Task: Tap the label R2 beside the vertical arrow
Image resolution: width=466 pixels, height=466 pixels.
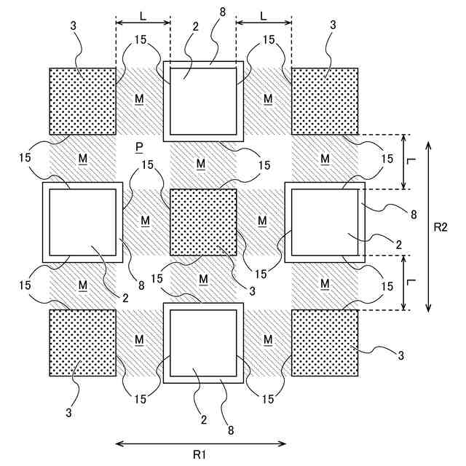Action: tap(440, 227)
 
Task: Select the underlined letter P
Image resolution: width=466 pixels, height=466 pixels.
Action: tap(139, 147)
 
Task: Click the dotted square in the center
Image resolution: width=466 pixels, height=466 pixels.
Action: tap(203, 222)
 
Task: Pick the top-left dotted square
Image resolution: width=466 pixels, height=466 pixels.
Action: tap(82, 101)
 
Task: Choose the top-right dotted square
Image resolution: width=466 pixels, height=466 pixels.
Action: tap(325, 101)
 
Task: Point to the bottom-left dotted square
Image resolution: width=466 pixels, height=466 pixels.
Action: tap(82, 343)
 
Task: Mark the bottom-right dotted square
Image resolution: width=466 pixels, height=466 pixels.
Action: tap(325, 343)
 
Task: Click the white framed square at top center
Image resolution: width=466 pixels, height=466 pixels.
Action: tap(203, 101)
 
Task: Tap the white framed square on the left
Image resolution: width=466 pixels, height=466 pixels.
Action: tap(82, 222)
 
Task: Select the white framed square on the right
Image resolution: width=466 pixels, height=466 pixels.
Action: tap(325, 222)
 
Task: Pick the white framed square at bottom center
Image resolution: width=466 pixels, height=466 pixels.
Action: tap(203, 343)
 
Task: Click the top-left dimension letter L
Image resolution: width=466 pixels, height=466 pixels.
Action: tap(142, 14)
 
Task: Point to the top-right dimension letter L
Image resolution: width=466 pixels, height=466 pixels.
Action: tap(264, 14)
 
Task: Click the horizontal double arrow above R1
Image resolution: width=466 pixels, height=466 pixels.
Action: tap(200, 442)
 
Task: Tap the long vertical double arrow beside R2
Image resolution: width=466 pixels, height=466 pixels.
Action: tap(428, 226)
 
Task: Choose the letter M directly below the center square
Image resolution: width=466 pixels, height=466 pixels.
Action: tap(202, 280)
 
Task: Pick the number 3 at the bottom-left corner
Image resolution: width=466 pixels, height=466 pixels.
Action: tap(70, 414)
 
